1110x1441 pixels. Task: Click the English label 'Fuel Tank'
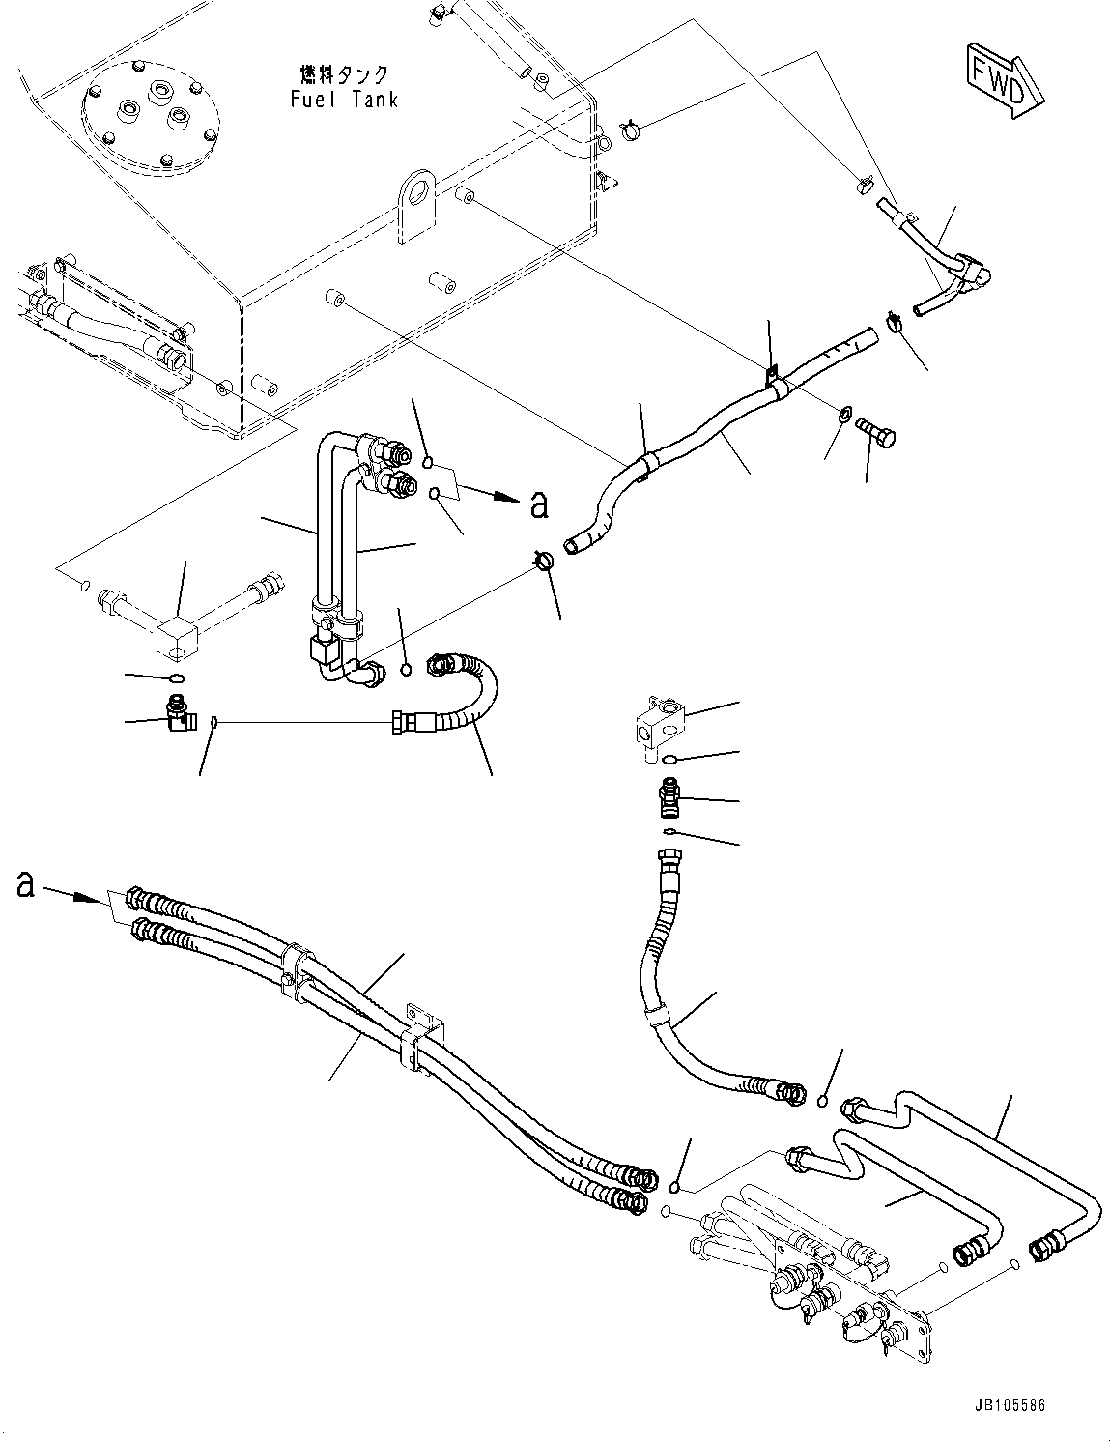click(343, 100)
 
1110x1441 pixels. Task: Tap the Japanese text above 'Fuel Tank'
click(343, 74)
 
